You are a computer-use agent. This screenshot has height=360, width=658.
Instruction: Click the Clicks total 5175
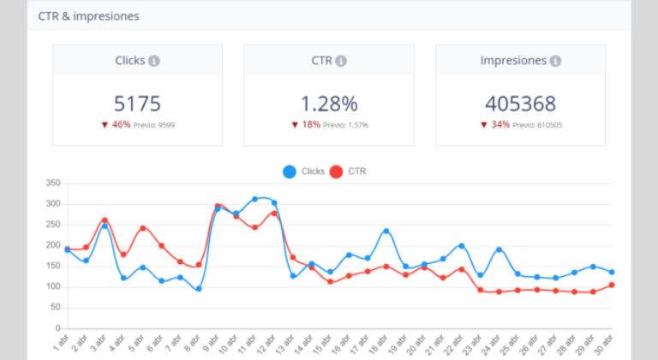pos(137,104)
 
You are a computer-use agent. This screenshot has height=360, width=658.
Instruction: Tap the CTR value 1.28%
pos(329,104)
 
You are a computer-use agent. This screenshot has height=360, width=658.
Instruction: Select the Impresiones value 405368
pos(520,104)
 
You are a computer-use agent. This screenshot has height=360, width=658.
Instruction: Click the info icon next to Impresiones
pos(556,61)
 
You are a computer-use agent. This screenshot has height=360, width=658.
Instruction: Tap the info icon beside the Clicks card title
pos(153,61)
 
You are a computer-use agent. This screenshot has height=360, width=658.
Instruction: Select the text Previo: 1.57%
pos(348,125)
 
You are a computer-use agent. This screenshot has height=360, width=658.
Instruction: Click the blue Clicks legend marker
pos(290,171)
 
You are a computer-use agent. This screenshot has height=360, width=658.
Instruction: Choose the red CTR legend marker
pos(336,171)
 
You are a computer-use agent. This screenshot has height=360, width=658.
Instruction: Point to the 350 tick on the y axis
pos(52,183)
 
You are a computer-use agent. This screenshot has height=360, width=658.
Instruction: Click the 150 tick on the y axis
pos(52,266)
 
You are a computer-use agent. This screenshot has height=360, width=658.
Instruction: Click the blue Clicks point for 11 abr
pos(255,199)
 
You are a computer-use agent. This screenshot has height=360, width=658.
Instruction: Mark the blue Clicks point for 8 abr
pos(198,289)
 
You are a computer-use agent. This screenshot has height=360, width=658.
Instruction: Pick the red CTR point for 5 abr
pos(142,228)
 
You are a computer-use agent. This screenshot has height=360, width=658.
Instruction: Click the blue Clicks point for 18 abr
pos(386,231)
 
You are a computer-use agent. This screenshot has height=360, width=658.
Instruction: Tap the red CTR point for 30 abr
pos(612,285)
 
